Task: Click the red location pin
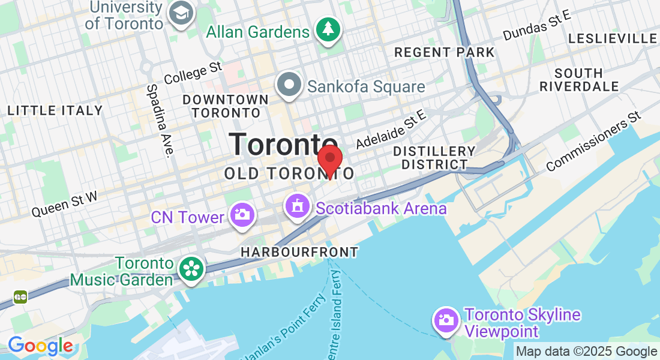coord(329,159)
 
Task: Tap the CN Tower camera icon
coord(242,214)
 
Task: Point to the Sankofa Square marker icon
coord(289,84)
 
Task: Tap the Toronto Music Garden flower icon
coord(191,268)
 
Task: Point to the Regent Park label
coord(445,52)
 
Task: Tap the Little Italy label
coord(55,110)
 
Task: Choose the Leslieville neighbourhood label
coord(613,38)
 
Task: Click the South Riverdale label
coord(579,80)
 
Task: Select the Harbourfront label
coord(299,253)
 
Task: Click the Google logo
coord(40,346)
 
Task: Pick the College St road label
coord(193,74)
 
